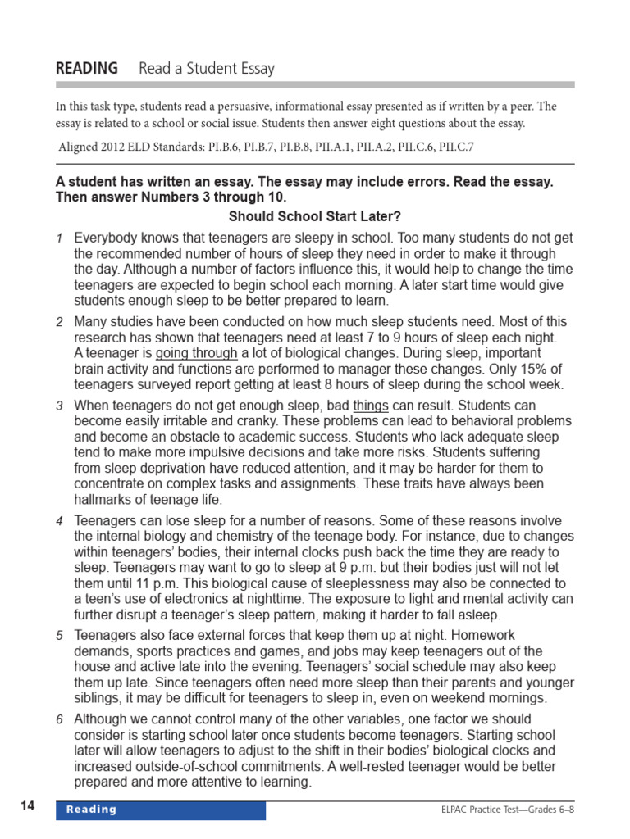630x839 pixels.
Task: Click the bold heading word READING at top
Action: click(x=86, y=69)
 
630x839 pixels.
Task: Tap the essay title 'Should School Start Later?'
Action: click(x=315, y=217)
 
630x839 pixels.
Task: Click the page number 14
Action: click(x=28, y=806)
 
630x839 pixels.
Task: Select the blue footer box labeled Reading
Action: click(x=161, y=810)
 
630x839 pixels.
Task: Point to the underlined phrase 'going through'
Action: click(x=197, y=353)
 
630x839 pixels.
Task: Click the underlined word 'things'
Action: click(x=371, y=406)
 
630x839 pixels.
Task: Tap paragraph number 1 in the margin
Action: click(x=59, y=238)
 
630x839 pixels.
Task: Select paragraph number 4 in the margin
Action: click(x=59, y=521)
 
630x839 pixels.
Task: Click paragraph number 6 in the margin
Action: click(x=59, y=720)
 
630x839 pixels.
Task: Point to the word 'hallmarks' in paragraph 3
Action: click(x=103, y=499)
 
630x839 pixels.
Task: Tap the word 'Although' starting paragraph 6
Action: click(x=100, y=719)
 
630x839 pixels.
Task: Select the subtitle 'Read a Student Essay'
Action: click(x=207, y=69)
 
